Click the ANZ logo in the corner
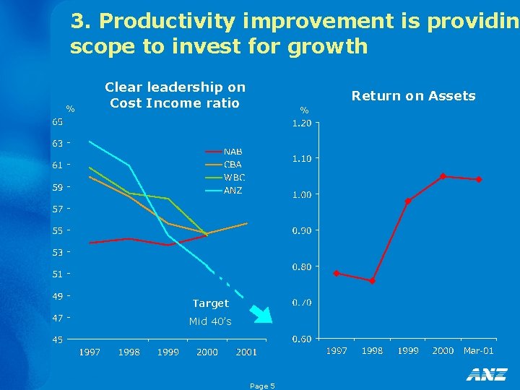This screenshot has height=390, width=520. [486, 374]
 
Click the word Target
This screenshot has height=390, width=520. [210, 303]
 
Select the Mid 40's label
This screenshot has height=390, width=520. [210, 321]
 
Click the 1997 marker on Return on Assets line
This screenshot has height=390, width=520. [337, 273]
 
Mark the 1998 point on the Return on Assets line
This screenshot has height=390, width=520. [372, 281]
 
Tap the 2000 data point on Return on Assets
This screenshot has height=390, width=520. [443, 176]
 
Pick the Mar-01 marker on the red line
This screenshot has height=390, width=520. [479, 179]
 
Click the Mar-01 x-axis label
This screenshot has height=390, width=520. [478, 350]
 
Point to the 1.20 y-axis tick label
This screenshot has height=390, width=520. [301, 123]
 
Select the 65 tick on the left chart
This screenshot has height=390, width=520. [57, 122]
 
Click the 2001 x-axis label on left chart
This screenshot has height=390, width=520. [246, 352]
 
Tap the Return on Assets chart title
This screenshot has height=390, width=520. [413, 96]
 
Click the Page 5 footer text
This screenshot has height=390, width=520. [262, 386]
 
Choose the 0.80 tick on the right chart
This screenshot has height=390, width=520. [301, 266]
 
